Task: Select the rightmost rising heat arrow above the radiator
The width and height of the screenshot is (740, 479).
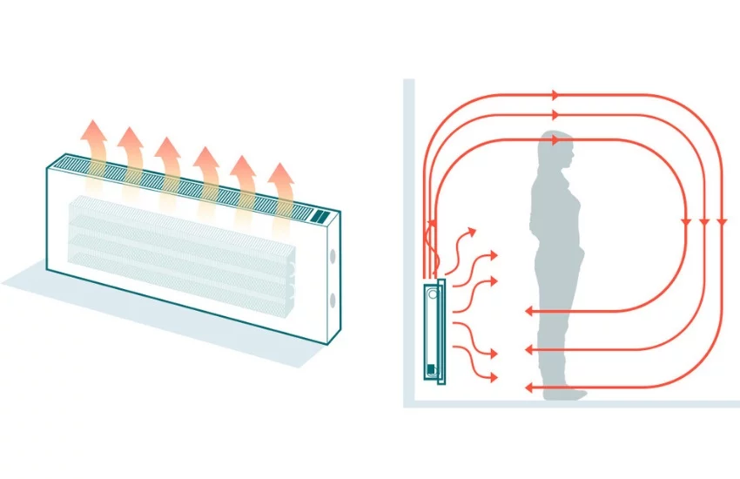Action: click(x=280, y=187)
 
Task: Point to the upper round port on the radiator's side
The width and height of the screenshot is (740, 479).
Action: click(x=333, y=260)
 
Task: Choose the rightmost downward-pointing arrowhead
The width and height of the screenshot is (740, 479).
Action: click(x=721, y=222)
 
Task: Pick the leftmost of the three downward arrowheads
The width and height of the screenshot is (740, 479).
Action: click(x=686, y=222)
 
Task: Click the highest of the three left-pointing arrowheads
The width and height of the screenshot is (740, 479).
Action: click(x=528, y=311)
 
